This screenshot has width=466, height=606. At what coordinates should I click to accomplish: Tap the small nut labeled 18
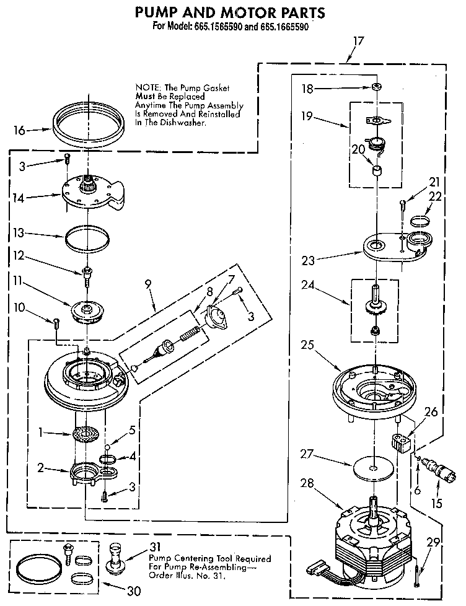(x=376, y=87)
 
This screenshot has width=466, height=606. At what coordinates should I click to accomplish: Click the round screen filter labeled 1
(x=86, y=434)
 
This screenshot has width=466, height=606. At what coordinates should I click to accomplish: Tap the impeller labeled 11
(x=87, y=309)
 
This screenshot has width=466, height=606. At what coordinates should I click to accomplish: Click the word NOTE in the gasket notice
(x=146, y=89)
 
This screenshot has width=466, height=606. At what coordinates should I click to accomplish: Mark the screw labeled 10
(x=57, y=322)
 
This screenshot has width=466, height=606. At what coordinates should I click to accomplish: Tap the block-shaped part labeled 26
(x=401, y=442)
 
